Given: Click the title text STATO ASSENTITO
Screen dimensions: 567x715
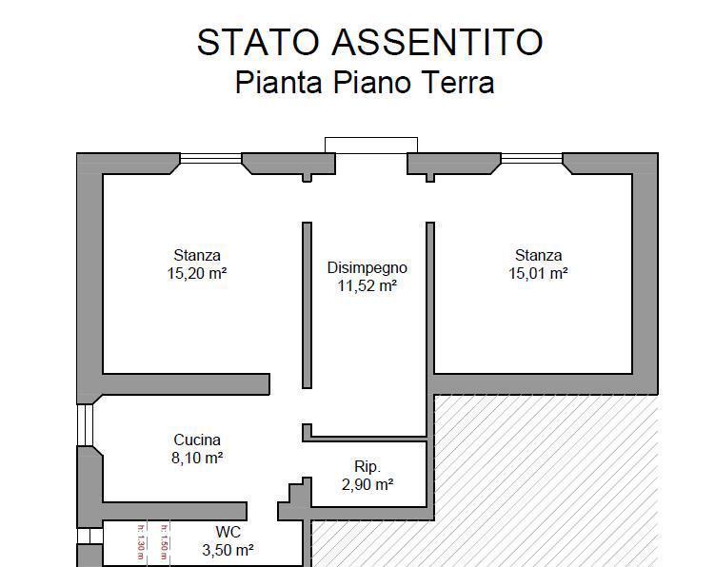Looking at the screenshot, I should (369, 43).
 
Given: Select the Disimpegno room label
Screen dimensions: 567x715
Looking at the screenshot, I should (367, 267).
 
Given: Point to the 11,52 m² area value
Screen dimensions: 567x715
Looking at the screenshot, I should (367, 285).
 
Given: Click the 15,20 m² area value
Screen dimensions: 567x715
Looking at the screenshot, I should (197, 273).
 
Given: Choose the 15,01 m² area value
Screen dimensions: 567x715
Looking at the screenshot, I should (539, 273).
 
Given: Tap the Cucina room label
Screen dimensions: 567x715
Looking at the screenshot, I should (197, 440).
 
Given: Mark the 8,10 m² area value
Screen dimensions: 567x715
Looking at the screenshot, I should (197, 458).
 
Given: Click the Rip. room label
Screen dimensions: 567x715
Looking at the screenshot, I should (367, 466).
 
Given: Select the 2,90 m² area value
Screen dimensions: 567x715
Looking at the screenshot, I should (367, 484).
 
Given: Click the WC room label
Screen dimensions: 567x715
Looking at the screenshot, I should (228, 532).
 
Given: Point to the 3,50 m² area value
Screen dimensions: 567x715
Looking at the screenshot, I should (228, 550).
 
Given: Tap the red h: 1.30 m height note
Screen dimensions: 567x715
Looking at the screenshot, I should (141, 542).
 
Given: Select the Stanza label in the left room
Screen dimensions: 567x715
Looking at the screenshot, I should (197, 255).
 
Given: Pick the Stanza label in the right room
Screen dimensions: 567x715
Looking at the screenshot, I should (539, 255).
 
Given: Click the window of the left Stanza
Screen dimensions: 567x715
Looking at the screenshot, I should (209, 160).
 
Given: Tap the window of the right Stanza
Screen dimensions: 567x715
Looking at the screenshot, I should (532, 160).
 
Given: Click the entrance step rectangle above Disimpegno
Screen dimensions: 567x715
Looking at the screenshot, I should (371, 145).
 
